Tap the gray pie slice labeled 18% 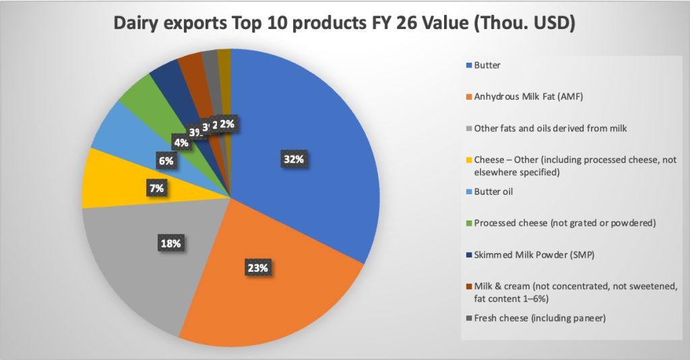click(142, 263)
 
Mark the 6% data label click(166, 160)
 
